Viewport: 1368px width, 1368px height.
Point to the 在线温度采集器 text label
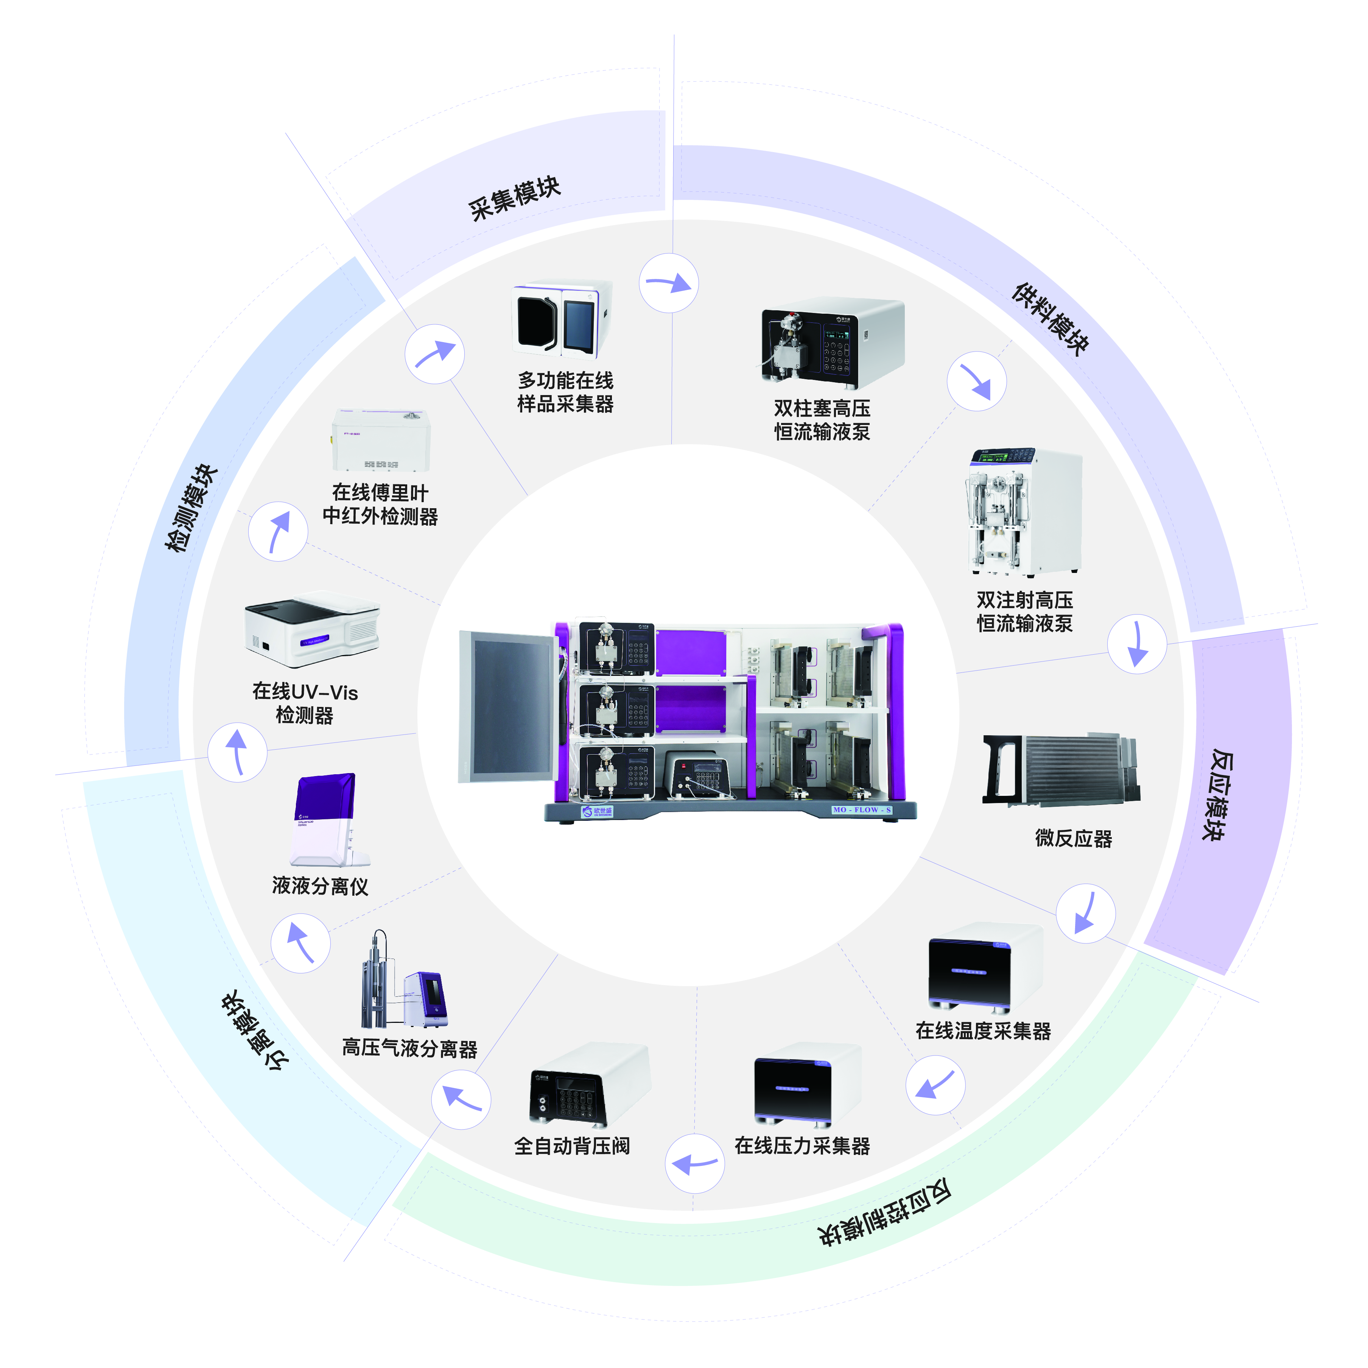[983, 1031]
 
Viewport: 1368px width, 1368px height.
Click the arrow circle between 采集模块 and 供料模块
[668, 283]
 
